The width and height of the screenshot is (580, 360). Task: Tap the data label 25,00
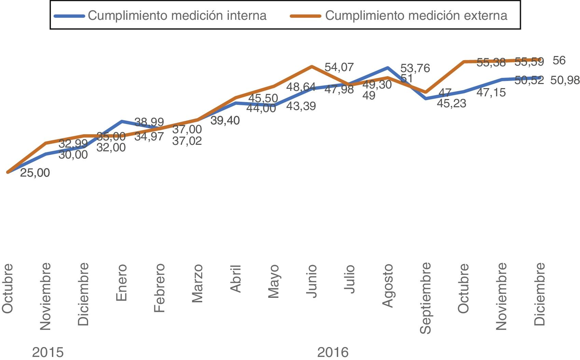click(x=35, y=173)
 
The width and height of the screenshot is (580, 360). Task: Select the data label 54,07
click(x=339, y=67)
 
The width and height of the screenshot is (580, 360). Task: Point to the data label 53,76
click(x=415, y=68)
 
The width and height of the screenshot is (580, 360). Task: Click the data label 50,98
click(x=565, y=80)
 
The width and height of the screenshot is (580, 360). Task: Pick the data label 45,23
click(x=452, y=103)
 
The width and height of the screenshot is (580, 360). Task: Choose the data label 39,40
click(x=225, y=120)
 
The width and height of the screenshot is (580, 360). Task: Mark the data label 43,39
click(x=301, y=106)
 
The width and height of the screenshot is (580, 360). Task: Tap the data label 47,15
click(x=491, y=92)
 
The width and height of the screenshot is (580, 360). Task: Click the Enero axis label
click(x=122, y=283)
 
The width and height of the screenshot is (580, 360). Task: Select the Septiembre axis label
click(x=426, y=298)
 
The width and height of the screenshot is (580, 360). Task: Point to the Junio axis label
click(x=312, y=281)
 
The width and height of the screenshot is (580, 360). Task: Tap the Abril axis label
click(x=236, y=279)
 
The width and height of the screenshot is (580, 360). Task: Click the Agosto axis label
click(x=388, y=286)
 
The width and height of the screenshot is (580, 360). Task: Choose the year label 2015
click(x=48, y=352)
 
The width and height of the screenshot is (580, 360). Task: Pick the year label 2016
click(x=333, y=352)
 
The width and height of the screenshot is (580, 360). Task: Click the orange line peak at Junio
click(x=312, y=66)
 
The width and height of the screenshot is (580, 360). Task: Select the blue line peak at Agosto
click(x=387, y=68)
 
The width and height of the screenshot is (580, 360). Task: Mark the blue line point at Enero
click(x=122, y=121)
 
